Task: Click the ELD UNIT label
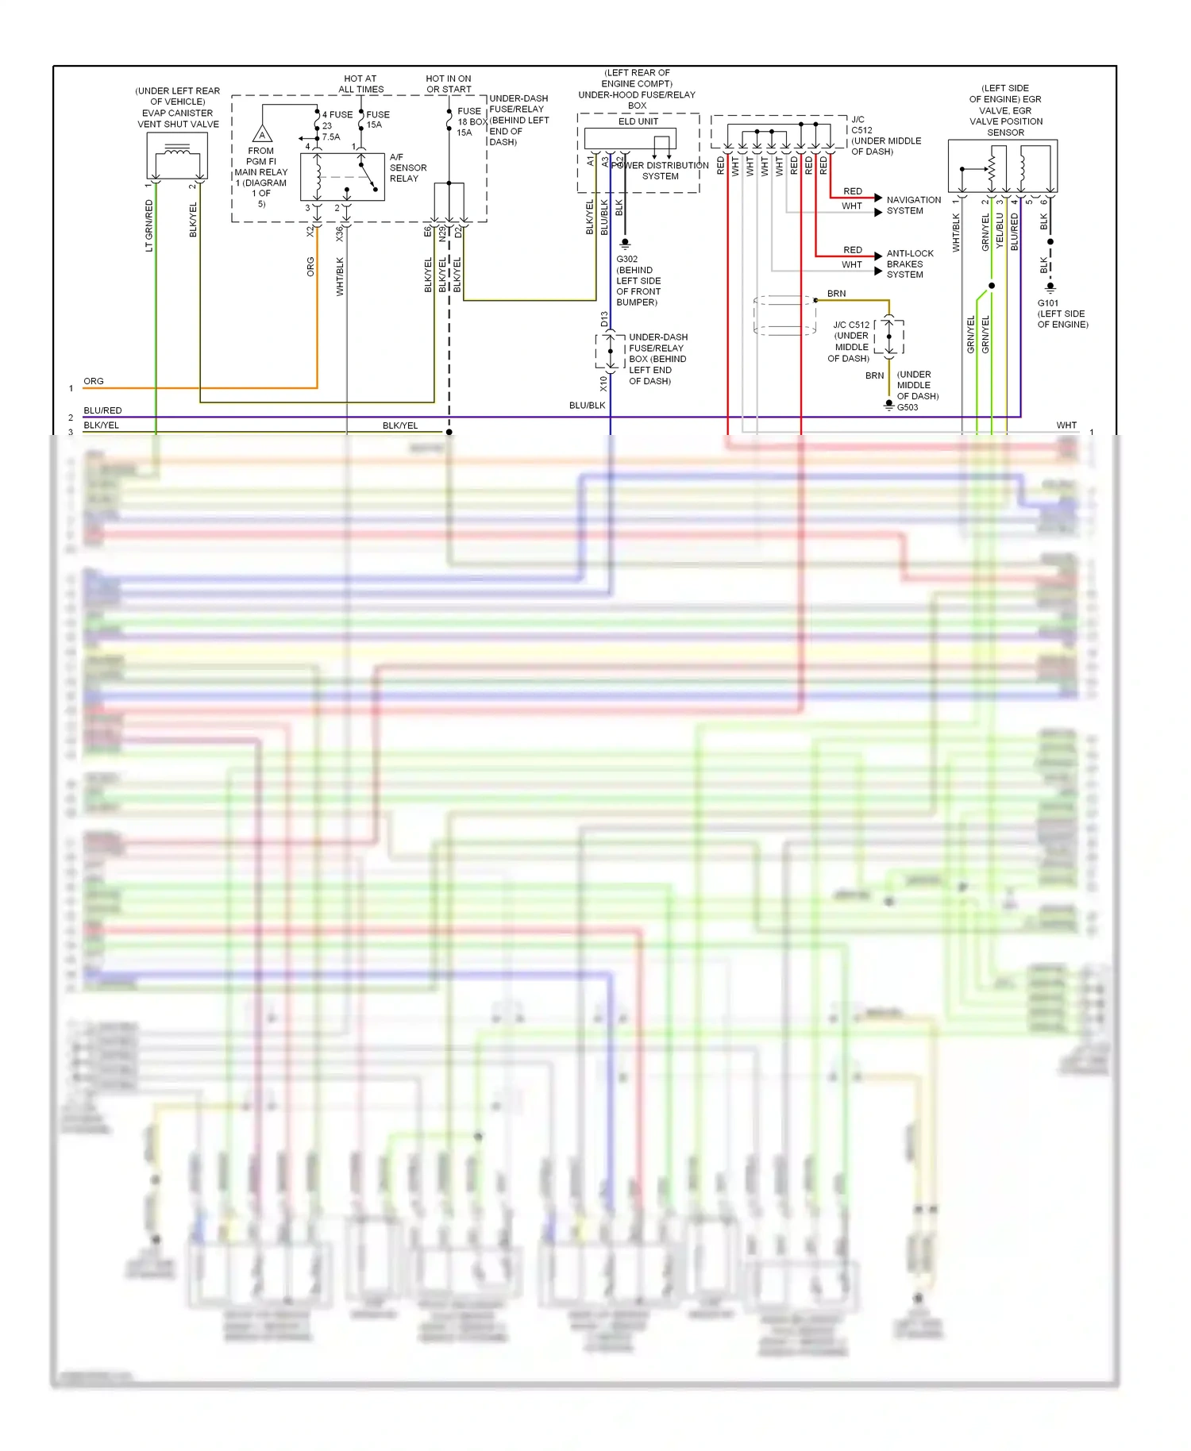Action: [638, 121]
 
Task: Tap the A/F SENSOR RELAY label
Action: [407, 167]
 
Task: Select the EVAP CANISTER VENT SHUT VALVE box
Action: [177, 156]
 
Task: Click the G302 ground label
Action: [626, 259]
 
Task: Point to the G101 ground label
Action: [1047, 303]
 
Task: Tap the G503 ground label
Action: [908, 407]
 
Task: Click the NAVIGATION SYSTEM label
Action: [913, 205]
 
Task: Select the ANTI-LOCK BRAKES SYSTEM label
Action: [909, 264]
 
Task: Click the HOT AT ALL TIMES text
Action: [360, 84]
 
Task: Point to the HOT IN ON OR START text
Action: [449, 84]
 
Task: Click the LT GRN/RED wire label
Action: [149, 225]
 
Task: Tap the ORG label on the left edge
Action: [94, 381]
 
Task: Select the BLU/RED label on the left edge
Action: [102, 410]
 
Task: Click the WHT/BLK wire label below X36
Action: [340, 276]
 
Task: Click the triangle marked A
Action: [262, 134]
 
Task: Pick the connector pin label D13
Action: [604, 320]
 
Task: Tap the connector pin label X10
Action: [603, 383]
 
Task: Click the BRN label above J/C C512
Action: [836, 294]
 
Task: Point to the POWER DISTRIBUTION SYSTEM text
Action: [660, 171]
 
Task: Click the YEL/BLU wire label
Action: [1000, 230]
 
